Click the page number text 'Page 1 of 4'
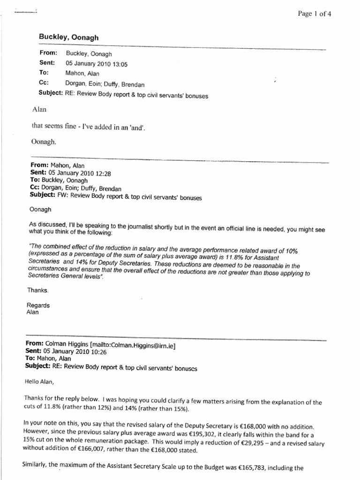[x=315, y=14]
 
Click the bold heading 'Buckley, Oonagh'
[x=68, y=37]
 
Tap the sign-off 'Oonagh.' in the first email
[x=44, y=143]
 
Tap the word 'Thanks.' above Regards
[x=37, y=291]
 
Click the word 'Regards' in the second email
[x=38, y=305]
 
